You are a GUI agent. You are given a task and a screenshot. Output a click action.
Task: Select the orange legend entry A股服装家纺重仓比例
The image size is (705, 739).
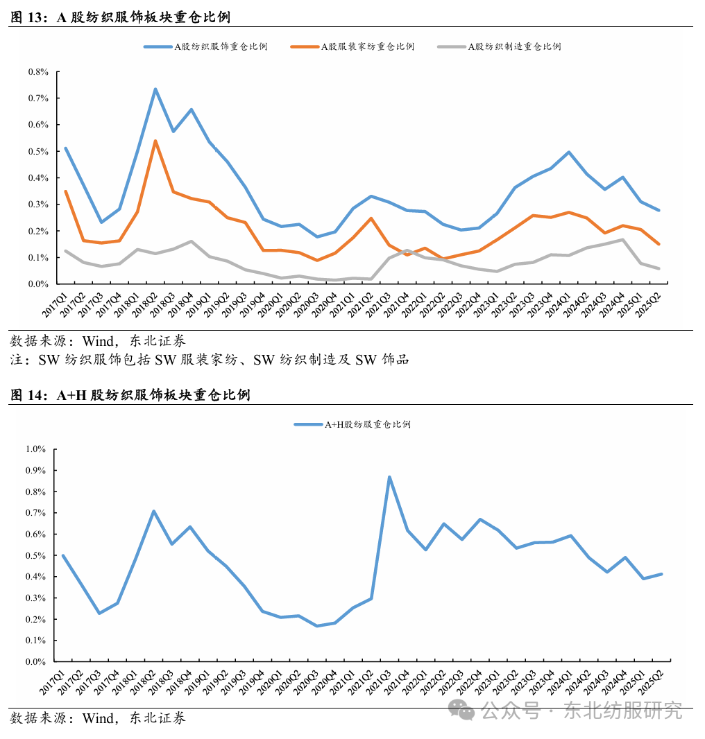(x=368, y=46)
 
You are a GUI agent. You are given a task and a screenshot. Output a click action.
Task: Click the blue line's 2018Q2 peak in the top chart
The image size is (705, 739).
(x=155, y=89)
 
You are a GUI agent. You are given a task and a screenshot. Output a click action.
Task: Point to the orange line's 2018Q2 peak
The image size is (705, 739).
(x=155, y=141)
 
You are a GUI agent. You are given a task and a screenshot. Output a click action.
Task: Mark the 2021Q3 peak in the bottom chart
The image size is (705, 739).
(x=389, y=477)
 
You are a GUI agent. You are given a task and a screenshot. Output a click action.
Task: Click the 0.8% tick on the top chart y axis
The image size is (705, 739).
(x=39, y=72)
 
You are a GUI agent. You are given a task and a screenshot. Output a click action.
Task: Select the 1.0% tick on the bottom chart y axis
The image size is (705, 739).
(x=35, y=449)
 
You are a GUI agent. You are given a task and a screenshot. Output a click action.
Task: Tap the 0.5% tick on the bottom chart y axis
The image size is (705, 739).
(x=35, y=555)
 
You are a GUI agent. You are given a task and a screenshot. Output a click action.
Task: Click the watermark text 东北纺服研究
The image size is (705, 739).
(x=622, y=711)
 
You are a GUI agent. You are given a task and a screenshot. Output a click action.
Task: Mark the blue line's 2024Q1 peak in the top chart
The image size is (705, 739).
(x=569, y=152)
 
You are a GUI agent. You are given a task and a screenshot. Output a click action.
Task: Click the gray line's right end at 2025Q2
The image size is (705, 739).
(x=659, y=268)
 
